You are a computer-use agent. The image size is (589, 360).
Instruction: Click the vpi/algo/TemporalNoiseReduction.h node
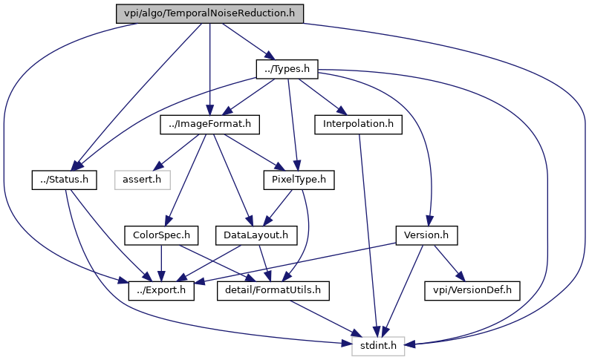pyautogui.click(x=210, y=13)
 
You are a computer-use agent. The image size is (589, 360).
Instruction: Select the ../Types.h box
pyautogui.click(x=287, y=69)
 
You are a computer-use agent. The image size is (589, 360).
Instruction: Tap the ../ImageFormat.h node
pyautogui.click(x=210, y=124)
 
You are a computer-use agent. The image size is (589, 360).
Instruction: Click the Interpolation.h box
pyautogui.click(x=358, y=124)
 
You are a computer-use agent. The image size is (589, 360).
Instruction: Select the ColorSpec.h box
pyautogui.click(x=162, y=235)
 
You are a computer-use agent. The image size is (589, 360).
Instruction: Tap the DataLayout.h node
pyautogui.click(x=256, y=235)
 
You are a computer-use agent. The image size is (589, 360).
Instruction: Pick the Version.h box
pyautogui.click(x=426, y=235)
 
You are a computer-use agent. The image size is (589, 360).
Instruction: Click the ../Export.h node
pyautogui.click(x=161, y=290)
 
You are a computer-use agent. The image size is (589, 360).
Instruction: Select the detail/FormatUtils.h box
pyautogui.click(x=273, y=290)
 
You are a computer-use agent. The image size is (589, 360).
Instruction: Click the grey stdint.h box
pyautogui.click(x=379, y=345)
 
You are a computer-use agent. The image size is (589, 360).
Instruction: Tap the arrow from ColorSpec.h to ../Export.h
pyautogui.click(x=162, y=263)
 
